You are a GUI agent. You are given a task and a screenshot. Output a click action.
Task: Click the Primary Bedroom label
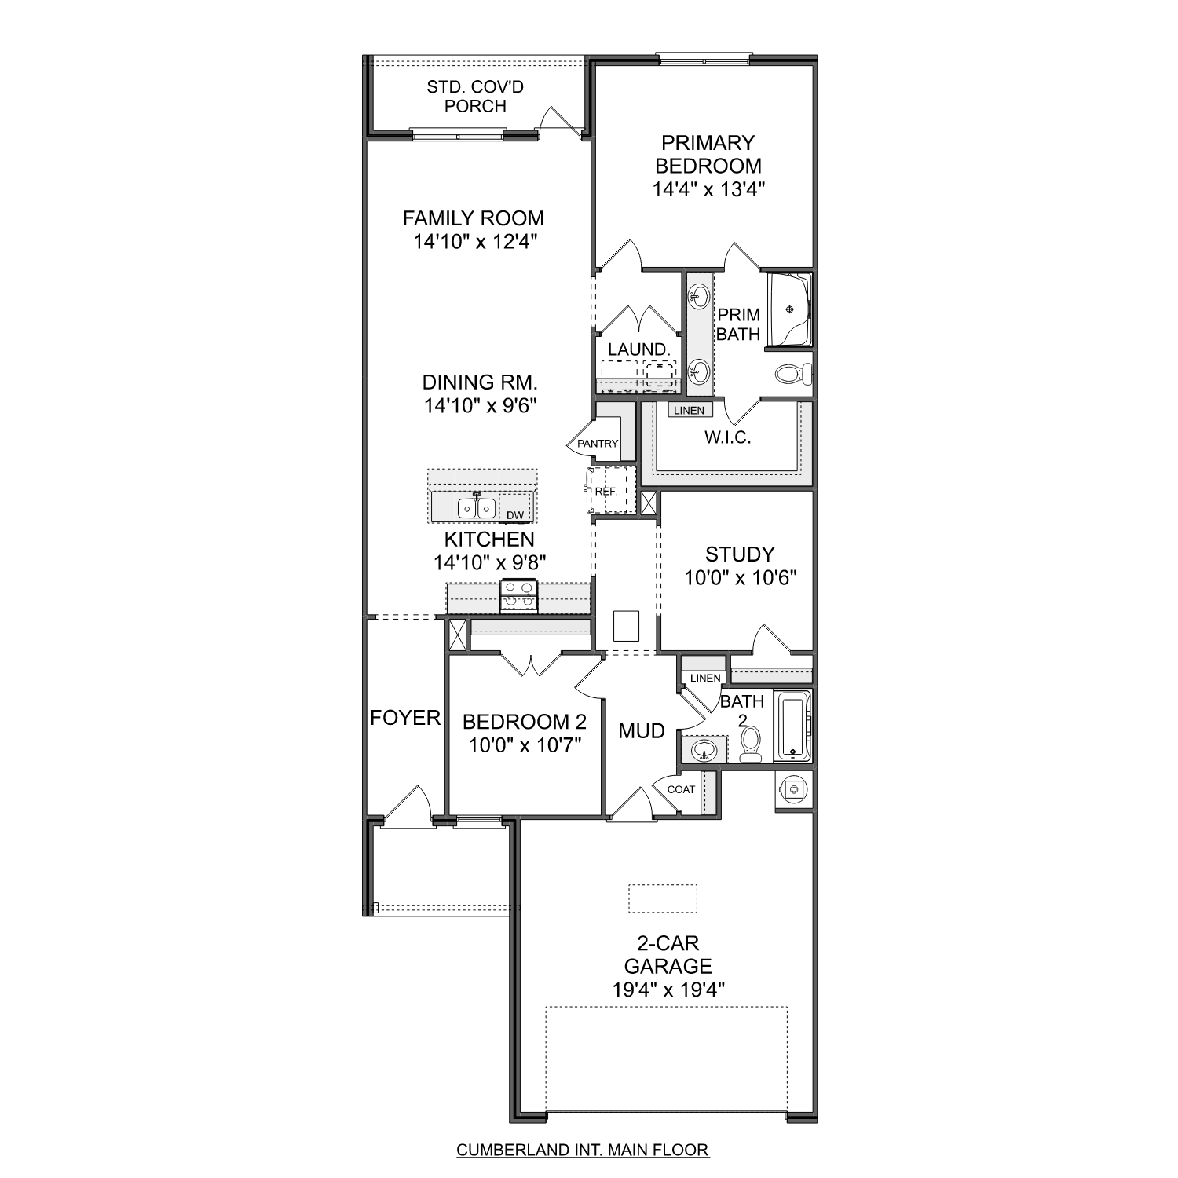pos(708,155)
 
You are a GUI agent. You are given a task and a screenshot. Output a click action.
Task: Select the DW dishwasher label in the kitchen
pos(515,515)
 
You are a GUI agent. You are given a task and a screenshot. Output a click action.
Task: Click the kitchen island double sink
pos(476,508)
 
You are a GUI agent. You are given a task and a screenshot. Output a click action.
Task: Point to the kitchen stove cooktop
pos(518,595)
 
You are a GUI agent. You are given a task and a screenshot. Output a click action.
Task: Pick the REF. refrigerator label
pos(605,492)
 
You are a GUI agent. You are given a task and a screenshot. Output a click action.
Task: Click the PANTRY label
pos(598,444)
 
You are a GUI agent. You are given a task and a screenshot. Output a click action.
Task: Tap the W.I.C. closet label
pos(727,437)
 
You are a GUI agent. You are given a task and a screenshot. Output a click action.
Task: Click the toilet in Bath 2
pos(751,743)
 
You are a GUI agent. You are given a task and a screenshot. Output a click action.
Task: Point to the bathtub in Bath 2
pos(792,726)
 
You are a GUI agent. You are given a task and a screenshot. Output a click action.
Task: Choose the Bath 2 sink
pos(704,750)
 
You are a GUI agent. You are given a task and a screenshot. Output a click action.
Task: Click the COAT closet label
pos(681,789)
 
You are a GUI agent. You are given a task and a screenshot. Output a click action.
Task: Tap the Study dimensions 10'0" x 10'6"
pos(741,578)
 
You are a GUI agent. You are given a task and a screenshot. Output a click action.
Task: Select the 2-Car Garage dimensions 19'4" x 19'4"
pos(668,990)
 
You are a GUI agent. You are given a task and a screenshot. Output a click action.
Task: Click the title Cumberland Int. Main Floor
pos(583,1151)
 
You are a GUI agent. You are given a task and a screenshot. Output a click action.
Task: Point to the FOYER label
pos(405,718)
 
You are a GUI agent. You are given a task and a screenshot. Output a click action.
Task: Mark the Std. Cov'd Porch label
pos(475,97)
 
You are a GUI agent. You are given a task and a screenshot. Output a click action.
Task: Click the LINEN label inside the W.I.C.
pos(689,411)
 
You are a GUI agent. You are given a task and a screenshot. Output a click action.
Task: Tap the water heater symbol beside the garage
pos(794,789)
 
